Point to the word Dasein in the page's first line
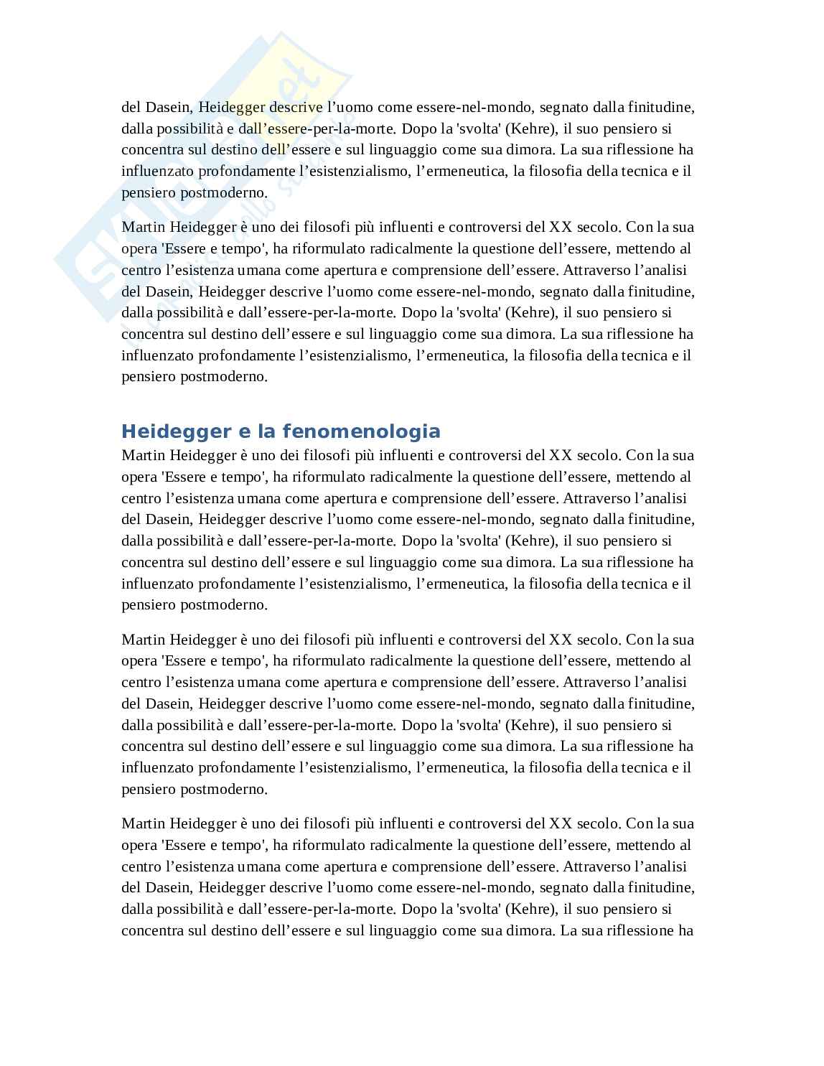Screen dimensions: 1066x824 pyautogui.click(x=168, y=108)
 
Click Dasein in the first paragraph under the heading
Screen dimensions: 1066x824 pyautogui.click(x=168, y=519)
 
